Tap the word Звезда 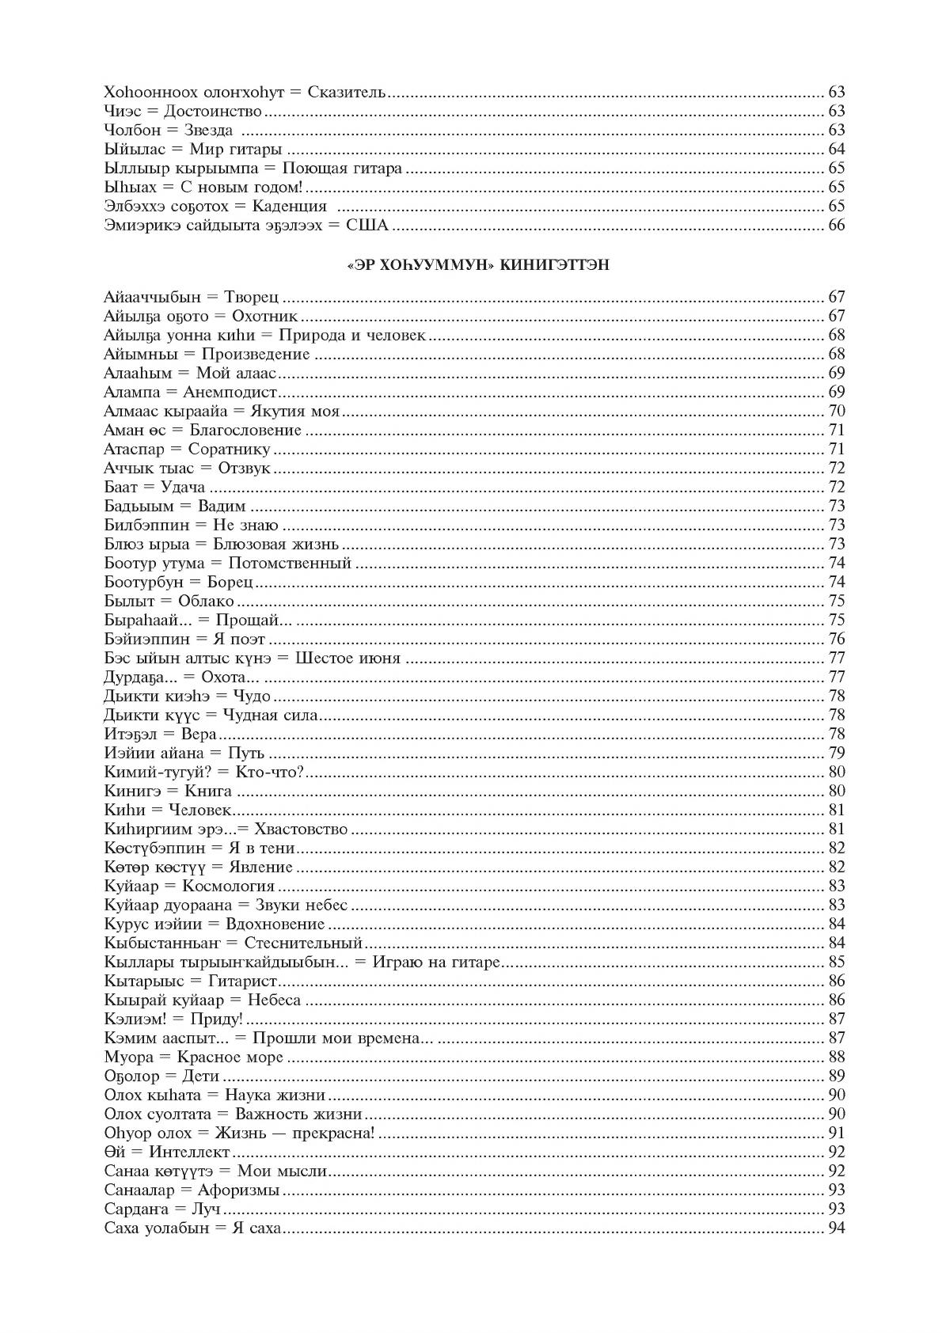tap(208, 131)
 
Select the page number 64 tap(836, 150)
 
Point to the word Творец tap(252, 298)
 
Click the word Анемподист tap(230, 393)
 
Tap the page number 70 tap(836, 412)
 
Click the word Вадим tap(222, 507)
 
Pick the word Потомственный tap(290, 564)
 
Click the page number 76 tap(836, 640)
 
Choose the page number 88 tap(836, 1058)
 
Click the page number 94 tap(836, 1229)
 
